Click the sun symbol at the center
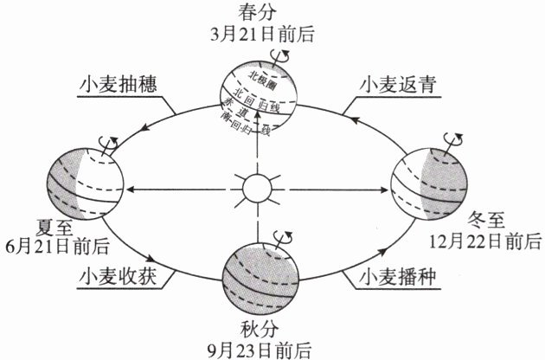[257, 187]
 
